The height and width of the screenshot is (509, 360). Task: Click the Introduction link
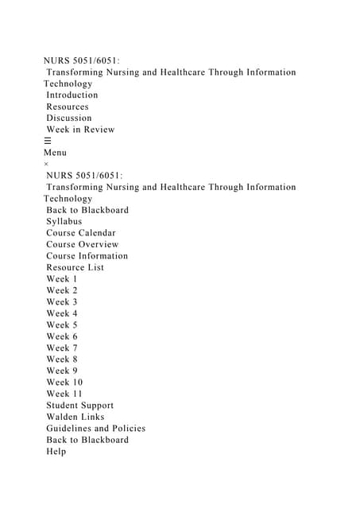point(72,95)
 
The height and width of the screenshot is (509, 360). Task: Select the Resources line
point(67,107)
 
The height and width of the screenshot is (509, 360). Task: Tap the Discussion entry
point(68,119)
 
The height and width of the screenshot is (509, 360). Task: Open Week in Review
point(80,130)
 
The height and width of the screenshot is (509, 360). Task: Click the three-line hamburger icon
point(48,141)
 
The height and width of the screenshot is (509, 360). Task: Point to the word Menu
point(55,153)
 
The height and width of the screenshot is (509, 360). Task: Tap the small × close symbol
point(46,164)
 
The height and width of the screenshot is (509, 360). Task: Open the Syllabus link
point(64,222)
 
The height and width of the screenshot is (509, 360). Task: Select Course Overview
point(82,245)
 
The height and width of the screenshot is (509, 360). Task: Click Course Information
point(87,256)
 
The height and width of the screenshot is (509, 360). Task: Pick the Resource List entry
point(75,268)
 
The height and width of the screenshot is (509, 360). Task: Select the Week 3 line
point(62,302)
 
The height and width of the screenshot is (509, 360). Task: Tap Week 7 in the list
point(62,348)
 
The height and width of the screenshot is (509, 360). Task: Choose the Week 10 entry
point(64,383)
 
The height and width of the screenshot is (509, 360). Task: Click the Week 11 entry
point(64,394)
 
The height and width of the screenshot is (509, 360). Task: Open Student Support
point(79,406)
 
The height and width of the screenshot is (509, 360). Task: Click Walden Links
point(75,417)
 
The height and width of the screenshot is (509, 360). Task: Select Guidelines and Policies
point(95,429)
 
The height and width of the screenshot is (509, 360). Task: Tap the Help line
point(56,452)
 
